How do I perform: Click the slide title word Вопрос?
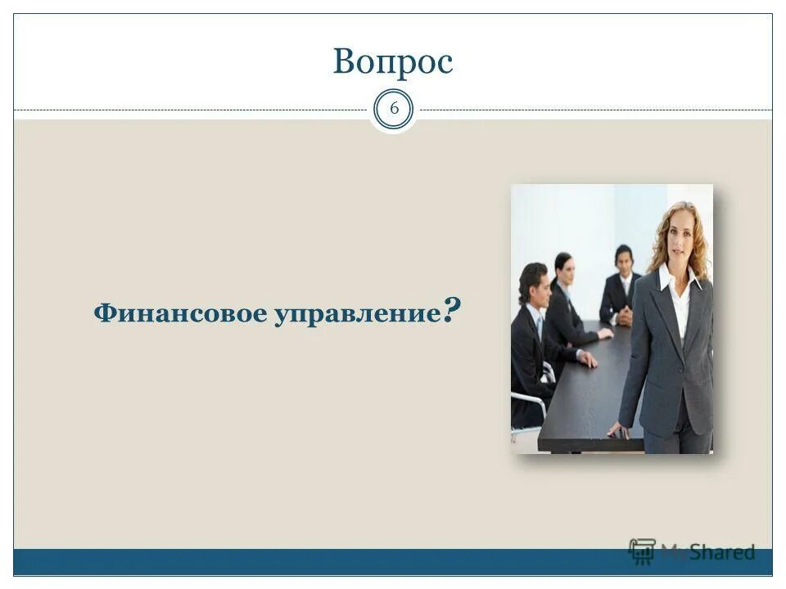(392, 62)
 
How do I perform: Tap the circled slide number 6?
(394, 110)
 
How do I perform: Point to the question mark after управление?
(451, 310)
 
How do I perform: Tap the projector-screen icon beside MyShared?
(642, 551)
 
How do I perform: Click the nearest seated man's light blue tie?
(540, 329)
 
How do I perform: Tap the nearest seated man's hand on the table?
(588, 359)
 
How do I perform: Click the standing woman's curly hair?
(697, 237)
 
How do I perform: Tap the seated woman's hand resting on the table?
(605, 334)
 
